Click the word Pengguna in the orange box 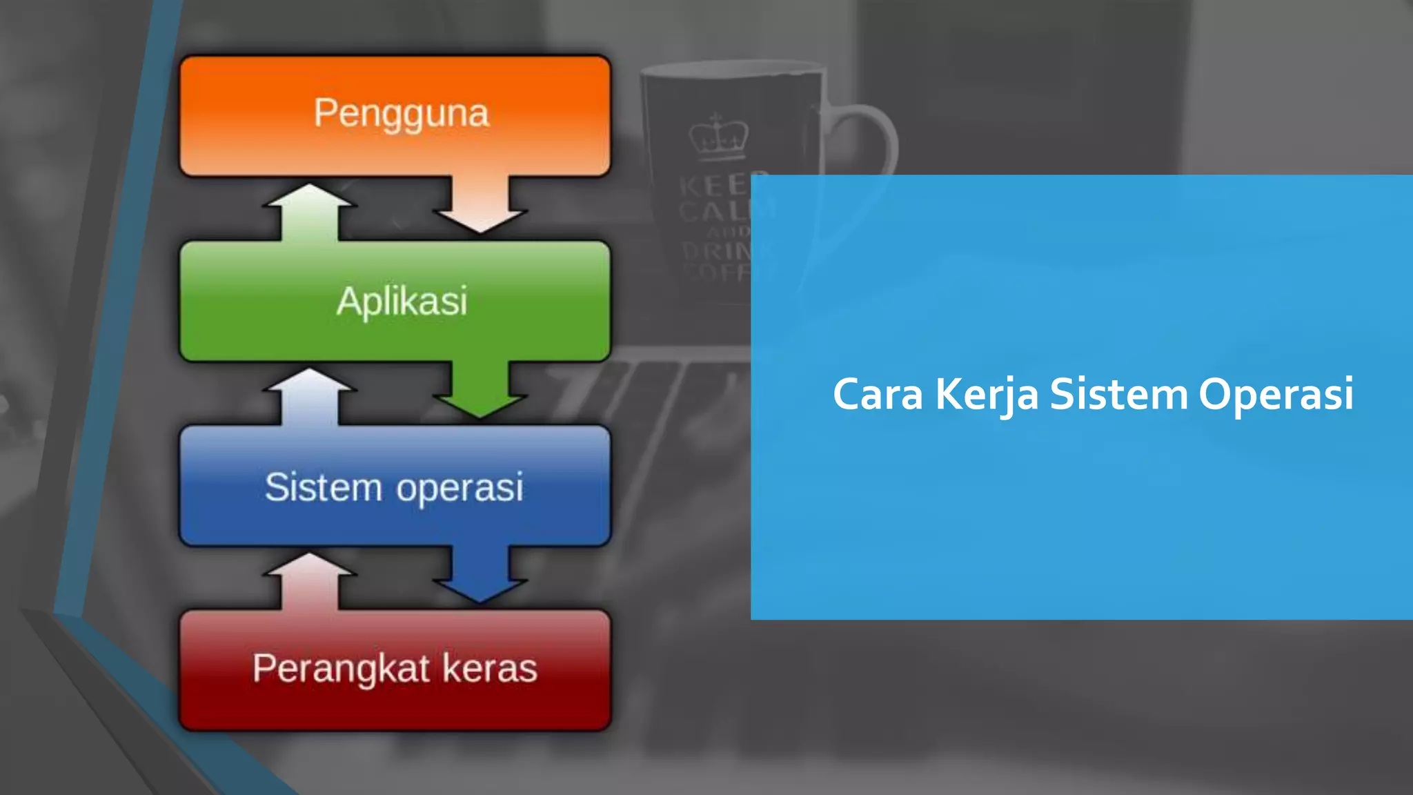[401, 114]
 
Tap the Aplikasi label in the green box [402, 302]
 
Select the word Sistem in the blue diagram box [323, 487]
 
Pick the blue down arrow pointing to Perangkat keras [480, 576]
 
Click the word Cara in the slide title [878, 395]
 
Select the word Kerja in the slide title [987, 395]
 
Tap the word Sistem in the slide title [1118, 395]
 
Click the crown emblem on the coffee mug [718, 136]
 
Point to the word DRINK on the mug [718, 250]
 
